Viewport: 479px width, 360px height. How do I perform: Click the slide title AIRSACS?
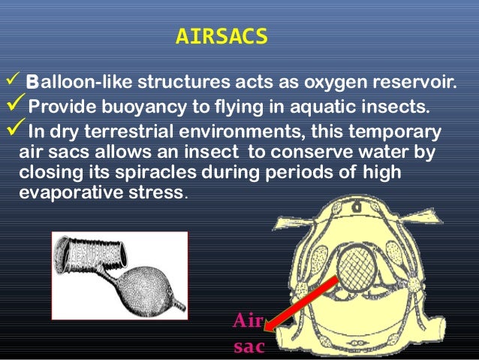221,37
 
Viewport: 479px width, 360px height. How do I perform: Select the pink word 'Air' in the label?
248,322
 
